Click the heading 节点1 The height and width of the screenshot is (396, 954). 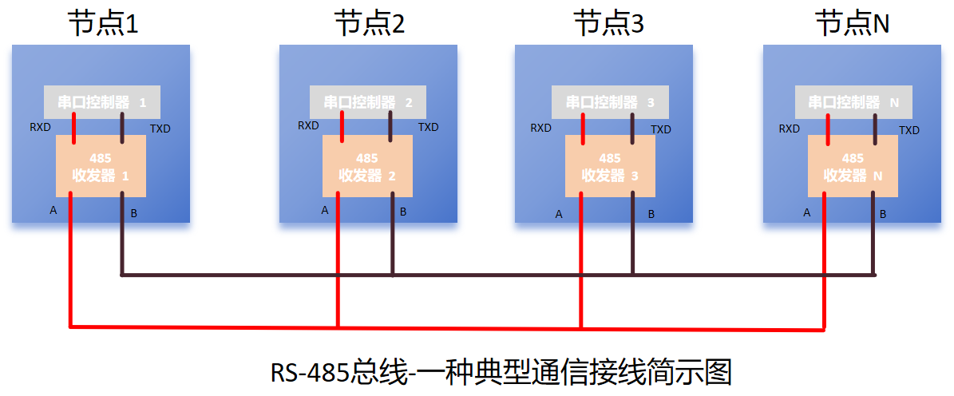pyautogui.click(x=103, y=24)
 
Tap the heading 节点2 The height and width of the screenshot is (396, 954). pyautogui.click(x=369, y=24)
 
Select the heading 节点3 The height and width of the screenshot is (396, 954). pyautogui.click(x=608, y=24)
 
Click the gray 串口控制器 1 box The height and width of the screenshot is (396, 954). pyautogui.click(x=102, y=102)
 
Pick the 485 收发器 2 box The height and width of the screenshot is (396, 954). pyautogui.click(x=367, y=167)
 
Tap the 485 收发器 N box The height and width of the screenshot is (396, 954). pyautogui.click(x=853, y=167)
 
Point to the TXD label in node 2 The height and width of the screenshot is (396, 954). pyautogui.click(x=429, y=128)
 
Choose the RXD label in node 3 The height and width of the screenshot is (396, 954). pyautogui.click(x=541, y=128)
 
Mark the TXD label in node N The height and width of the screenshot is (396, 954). pyautogui.click(x=909, y=130)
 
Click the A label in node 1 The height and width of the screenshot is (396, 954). pyautogui.click(x=53, y=211)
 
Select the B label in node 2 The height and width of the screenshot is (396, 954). pyautogui.click(x=403, y=212)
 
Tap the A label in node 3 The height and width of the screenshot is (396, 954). pyautogui.click(x=559, y=214)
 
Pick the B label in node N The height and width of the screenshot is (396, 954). pyautogui.click(x=883, y=214)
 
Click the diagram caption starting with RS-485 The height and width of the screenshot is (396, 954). pyautogui.click(x=501, y=373)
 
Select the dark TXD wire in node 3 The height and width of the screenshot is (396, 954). pyautogui.click(x=632, y=124)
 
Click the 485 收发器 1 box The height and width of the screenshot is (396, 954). pyautogui.click(x=100, y=167)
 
